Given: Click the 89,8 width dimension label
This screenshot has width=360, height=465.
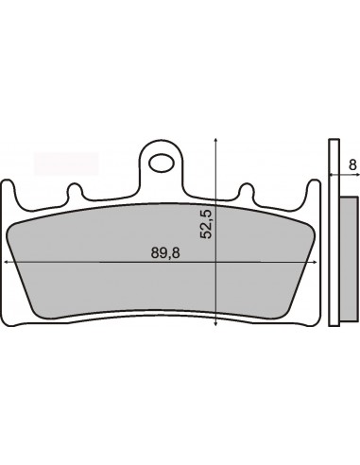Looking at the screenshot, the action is click(165, 252).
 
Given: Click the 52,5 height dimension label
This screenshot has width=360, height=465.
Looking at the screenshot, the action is click(206, 223).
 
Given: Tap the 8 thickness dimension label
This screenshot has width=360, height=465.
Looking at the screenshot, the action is click(352, 164).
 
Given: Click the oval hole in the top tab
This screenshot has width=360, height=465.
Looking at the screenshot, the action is click(162, 164).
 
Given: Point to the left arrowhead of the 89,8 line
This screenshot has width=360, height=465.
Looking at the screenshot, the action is click(5, 262).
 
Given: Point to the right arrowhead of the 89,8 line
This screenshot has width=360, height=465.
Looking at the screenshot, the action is click(314, 262).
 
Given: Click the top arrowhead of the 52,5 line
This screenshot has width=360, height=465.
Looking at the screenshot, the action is click(215, 141).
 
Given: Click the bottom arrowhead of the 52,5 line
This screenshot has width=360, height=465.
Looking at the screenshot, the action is click(215, 322).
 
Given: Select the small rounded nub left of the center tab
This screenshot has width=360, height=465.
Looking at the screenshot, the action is click(75, 191).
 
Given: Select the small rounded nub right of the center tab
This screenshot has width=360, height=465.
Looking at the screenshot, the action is click(246, 191).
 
